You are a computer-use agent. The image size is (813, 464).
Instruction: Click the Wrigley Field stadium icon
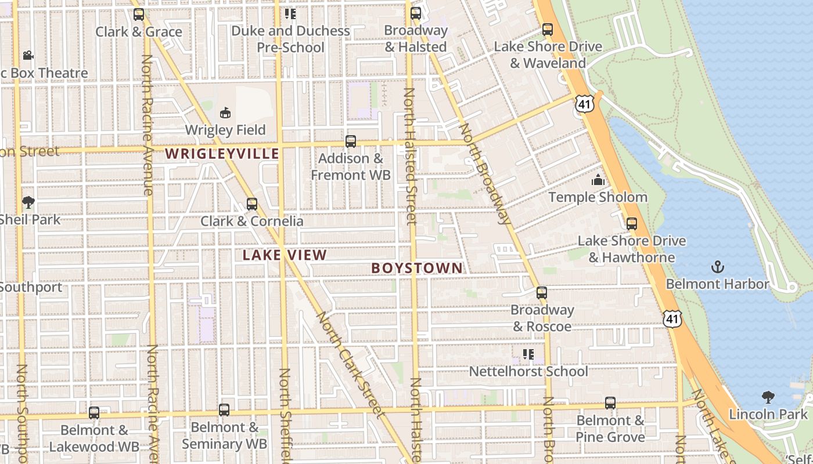coord(225,113)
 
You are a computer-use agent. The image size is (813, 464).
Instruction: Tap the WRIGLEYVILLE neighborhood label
coord(222,154)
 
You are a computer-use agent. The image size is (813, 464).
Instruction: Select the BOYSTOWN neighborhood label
coord(417,268)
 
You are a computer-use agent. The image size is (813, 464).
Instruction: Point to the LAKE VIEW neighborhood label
coord(285,255)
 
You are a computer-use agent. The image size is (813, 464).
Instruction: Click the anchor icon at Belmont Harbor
coord(718,267)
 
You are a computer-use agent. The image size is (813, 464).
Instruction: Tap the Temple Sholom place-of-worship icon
coord(598,180)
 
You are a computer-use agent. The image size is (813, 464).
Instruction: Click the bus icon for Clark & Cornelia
coord(251,204)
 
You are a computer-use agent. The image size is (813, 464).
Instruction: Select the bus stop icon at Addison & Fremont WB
coord(350,142)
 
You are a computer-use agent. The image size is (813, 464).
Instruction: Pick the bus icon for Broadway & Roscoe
coord(542,293)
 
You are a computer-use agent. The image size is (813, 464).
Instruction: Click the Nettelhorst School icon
coord(528,354)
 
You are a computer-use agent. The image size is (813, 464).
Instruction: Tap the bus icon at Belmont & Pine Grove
coord(610,403)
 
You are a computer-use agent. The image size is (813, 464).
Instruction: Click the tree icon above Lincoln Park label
coord(768,397)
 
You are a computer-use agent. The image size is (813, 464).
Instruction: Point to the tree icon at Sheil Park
coord(28,202)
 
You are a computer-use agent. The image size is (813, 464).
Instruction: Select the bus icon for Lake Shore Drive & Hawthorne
coord(631,224)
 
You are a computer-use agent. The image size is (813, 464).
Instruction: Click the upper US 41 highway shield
coord(584,104)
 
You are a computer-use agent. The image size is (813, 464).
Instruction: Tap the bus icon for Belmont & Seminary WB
coord(224,410)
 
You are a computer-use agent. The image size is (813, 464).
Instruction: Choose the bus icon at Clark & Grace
coord(138,14)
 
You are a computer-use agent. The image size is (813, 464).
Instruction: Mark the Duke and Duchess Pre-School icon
coord(290,13)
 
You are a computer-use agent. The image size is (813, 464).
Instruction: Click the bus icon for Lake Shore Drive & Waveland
coord(547,30)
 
